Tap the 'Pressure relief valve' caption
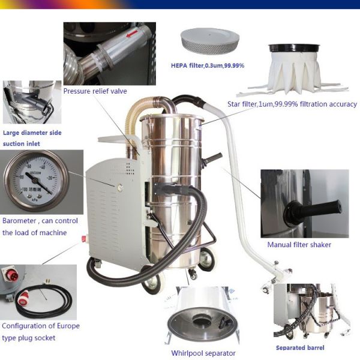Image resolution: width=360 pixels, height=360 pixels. [x=95, y=91]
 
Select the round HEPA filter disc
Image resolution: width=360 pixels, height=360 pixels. [x=210, y=41]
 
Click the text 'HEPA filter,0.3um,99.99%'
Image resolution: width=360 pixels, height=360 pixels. [x=208, y=65]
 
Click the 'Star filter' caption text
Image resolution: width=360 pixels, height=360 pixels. [x=292, y=104]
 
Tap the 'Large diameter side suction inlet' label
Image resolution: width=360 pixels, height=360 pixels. [x=32, y=138]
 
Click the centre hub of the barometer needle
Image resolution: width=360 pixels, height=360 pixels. [x=35, y=181]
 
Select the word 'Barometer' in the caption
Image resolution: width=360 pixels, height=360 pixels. [x=19, y=221]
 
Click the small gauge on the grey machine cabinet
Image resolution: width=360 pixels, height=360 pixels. [x=119, y=188]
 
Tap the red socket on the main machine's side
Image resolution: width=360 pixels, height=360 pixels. [x=84, y=239]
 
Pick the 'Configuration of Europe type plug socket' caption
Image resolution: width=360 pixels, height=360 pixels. [x=41, y=332]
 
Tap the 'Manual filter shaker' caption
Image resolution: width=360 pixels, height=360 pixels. [x=299, y=245]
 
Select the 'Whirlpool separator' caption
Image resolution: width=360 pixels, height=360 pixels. [x=203, y=353]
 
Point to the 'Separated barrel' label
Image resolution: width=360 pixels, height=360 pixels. [x=300, y=348]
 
